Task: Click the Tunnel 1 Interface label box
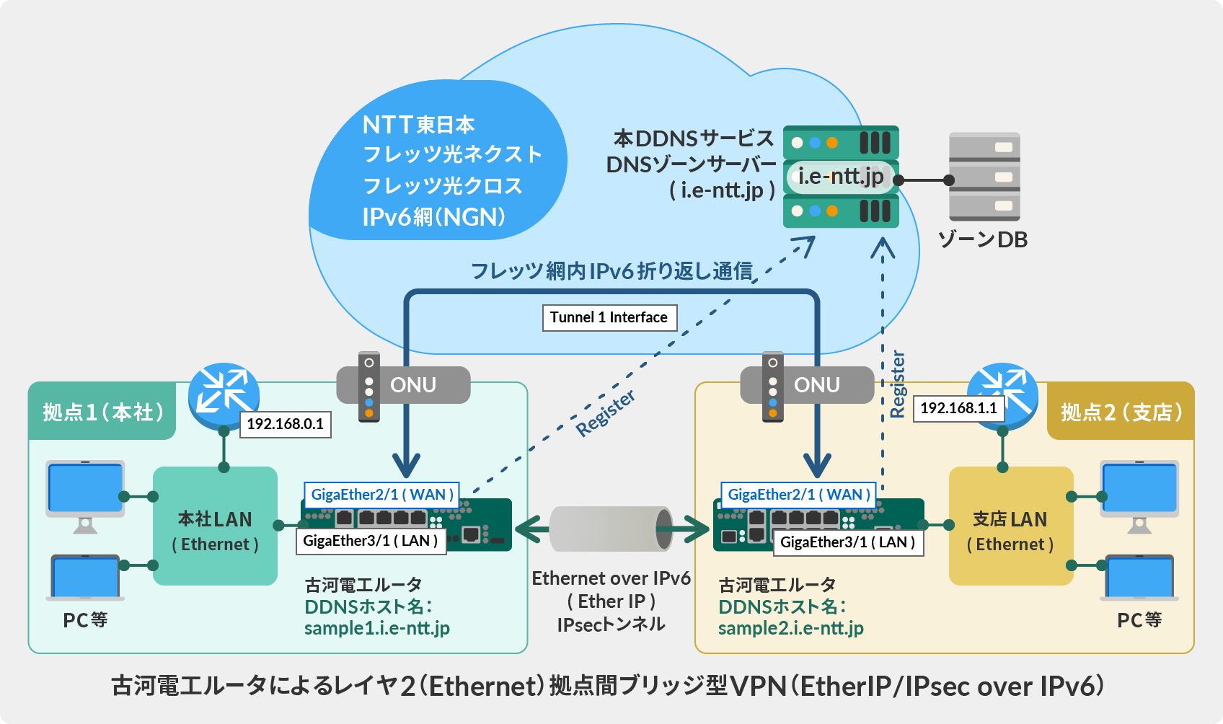pos(609,317)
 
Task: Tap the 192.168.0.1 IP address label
pos(286,424)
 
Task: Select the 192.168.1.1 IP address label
pos(958,408)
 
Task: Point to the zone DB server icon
pos(984,177)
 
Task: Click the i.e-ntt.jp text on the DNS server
pos(840,177)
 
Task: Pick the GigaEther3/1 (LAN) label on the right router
pos(847,542)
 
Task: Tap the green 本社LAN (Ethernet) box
pos(215,526)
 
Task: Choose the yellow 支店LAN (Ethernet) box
pos(1010,526)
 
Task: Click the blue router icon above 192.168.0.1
pos(224,393)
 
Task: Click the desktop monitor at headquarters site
pos(85,490)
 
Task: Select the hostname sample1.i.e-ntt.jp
pos(376,628)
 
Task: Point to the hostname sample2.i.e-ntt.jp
pos(790,628)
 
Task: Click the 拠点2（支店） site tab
pos(1121,412)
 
